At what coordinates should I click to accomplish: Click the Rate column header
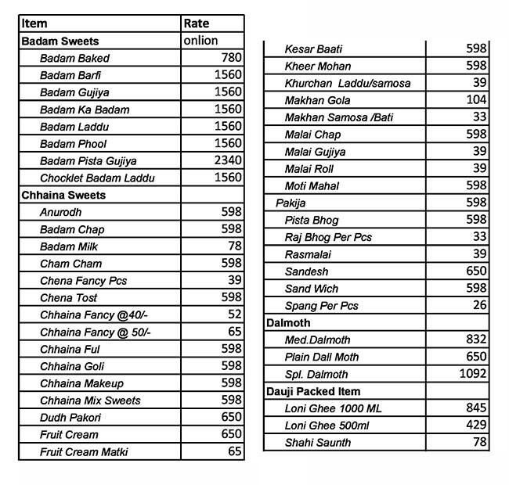197,23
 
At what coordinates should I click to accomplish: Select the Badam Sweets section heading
60,41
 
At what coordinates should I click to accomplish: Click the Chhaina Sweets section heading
63,196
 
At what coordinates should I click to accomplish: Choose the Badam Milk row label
69,246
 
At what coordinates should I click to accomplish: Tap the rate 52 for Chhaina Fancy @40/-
235,315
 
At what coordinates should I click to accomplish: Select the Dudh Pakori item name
70,418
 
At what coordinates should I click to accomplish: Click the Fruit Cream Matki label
84,452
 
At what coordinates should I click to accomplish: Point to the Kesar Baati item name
313,49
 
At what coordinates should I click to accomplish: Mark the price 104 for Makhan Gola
476,100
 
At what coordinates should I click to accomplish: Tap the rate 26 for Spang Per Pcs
479,306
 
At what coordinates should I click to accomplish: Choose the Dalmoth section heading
288,322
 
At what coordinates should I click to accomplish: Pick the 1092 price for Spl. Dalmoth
473,374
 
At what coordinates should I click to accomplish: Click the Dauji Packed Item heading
313,391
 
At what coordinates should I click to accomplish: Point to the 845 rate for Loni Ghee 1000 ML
476,408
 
